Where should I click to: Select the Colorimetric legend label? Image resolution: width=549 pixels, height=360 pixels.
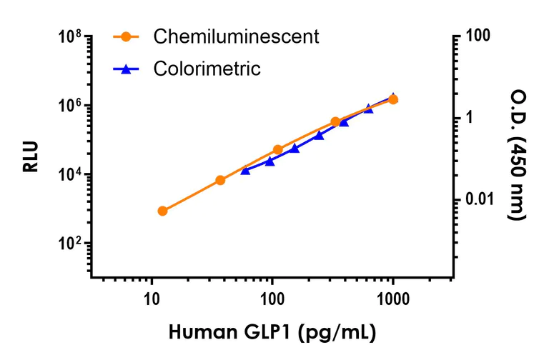tap(207, 69)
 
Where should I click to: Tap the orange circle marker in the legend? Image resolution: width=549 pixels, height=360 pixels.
tap(127, 36)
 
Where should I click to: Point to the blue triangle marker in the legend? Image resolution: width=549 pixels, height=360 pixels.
tap(127, 69)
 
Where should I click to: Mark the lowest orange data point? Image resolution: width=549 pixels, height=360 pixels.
tap(162, 211)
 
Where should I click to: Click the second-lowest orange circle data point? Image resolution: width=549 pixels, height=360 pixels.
tap(220, 180)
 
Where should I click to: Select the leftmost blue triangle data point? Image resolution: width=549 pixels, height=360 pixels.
tap(245, 170)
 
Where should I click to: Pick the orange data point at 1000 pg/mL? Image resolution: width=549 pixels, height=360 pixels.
tap(392, 99)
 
